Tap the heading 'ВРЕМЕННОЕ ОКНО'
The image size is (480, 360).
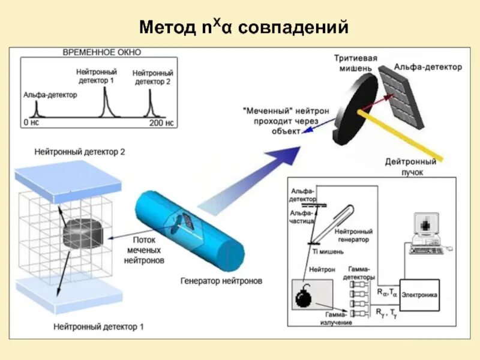(98, 52)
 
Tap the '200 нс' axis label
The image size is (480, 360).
(161, 123)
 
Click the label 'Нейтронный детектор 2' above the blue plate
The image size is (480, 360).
(79, 152)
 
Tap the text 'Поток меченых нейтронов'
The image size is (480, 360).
(143, 249)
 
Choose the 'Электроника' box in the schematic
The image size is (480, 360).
(419, 295)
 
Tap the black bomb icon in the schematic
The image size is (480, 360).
(304, 296)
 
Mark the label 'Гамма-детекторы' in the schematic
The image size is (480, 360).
(360, 274)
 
